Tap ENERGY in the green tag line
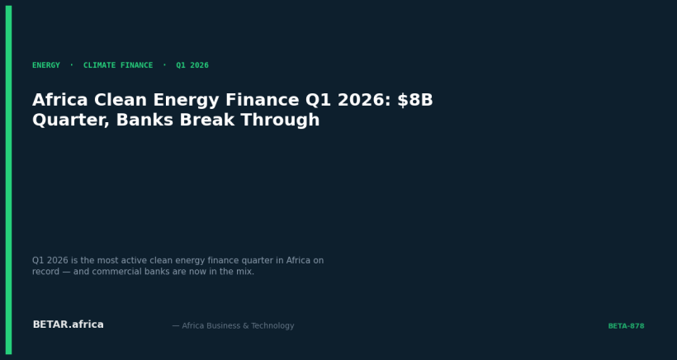pyautogui.click(x=46, y=65)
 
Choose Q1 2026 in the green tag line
pyautogui.click(x=192, y=65)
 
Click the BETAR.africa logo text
pyautogui.click(x=68, y=324)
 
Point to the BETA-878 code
pyautogui.click(x=626, y=326)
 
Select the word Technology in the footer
pyautogui.click(x=273, y=326)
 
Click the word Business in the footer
pyautogui.click(x=224, y=326)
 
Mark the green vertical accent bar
pyautogui.click(x=8, y=180)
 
